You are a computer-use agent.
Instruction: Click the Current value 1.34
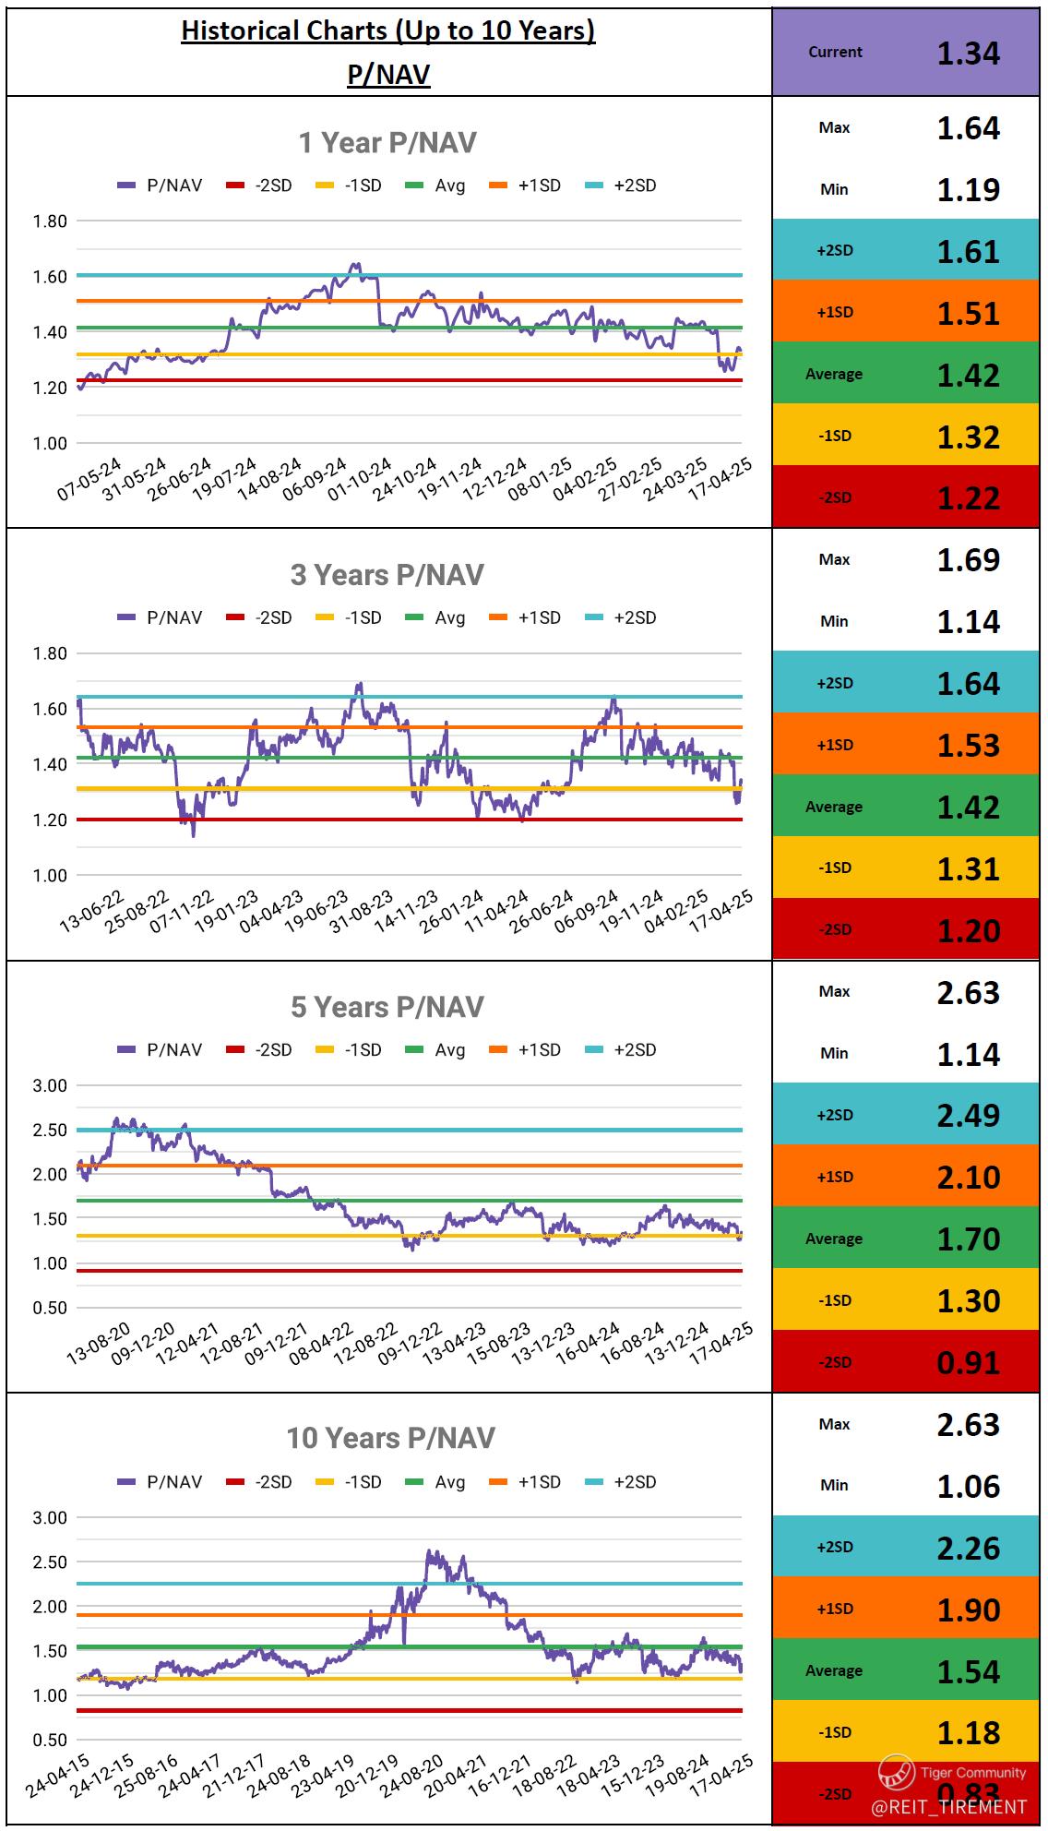(968, 53)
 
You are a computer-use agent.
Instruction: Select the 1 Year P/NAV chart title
(387, 143)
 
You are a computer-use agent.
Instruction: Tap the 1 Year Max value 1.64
(968, 127)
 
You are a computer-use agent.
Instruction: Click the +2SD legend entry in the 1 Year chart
(622, 185)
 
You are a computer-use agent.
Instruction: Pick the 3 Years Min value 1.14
(968, 621)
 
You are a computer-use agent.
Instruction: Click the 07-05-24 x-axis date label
(90, 479)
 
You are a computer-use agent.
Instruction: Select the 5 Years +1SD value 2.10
(968, 1177)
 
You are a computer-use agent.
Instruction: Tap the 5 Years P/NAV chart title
(387, 1007)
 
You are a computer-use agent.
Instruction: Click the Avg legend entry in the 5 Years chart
(435, 1050)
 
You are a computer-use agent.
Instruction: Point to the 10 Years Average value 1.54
(968, 1671)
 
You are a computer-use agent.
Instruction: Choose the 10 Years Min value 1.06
(968, 1486)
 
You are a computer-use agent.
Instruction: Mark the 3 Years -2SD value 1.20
(968, 930)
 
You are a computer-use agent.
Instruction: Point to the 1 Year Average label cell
(834, 374)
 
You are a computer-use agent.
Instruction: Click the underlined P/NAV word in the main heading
(388, 74)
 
